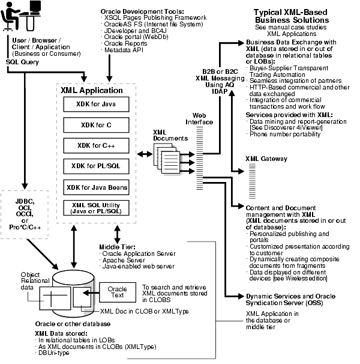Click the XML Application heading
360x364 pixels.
[92, 90]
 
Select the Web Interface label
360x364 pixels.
[202, 118]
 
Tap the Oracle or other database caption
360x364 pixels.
[67, 323]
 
